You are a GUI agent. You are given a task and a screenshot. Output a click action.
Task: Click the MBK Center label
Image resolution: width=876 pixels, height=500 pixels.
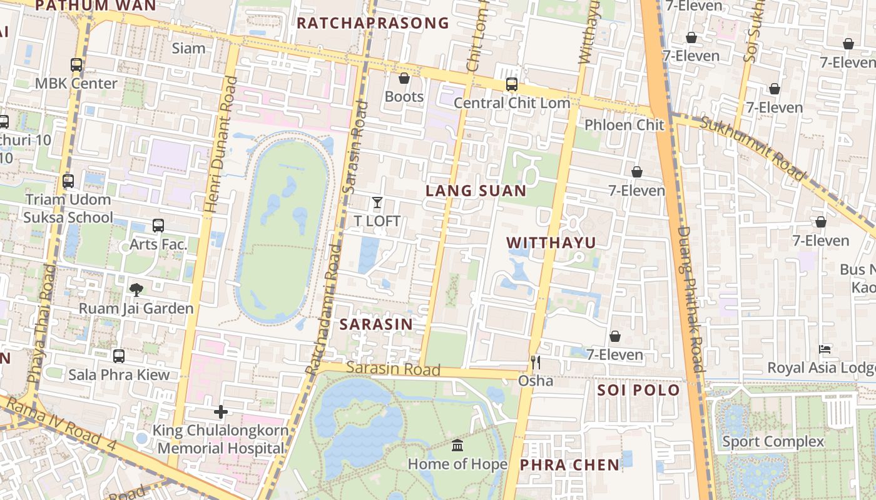pyautogui.click(x=76, y=83)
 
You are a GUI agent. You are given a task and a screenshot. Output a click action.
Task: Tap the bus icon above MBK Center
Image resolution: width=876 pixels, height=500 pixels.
pyautogui.click(x=76, y=64)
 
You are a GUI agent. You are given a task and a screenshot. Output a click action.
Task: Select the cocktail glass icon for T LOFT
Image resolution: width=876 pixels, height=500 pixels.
pyautogui.click(x=377, y=202)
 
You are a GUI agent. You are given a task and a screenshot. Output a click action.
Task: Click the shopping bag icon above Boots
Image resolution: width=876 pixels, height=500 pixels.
pyautogui.click(x=404, y=78)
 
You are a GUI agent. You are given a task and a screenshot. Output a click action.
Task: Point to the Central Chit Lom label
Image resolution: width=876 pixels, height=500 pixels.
pyautogui.click(x=512, y=103)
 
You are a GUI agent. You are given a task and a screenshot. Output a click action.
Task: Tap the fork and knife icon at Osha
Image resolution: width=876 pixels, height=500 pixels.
pyautogui.click(x=535, y=362)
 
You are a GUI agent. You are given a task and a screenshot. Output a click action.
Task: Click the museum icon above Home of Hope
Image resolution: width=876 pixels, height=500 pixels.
pyautogui.click(x=457, y=446)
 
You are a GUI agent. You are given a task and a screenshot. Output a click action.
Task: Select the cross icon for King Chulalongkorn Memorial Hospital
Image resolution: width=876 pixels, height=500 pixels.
pyautogui.click(x=220, y=412)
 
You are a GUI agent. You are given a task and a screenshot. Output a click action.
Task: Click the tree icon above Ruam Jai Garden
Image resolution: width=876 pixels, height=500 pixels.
pyautogui.click(x=136, y=289)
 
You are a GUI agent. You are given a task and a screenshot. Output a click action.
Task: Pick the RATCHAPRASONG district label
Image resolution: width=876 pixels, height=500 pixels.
pyautogui.click(x=373, y=24)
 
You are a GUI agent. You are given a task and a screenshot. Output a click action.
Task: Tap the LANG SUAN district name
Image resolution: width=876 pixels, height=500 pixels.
pyautogui.click(x=476, y=191)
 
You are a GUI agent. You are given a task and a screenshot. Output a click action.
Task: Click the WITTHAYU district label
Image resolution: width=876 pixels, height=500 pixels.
pyautogui.click(x=551, y=242)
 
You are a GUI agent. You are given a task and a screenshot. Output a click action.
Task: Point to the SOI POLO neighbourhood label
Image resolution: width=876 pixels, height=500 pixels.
pyautogui.click(x=638, y=391)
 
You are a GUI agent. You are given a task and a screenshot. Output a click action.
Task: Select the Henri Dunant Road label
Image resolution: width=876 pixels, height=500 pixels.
pyautogui.click(x=220, y=144)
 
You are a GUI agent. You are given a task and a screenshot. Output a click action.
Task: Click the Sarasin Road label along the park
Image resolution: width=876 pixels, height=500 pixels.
pyautogui.click(x=393, y=369)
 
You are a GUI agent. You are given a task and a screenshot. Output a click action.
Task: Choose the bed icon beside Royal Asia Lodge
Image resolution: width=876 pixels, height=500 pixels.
pyautogui.click(x=825, y=349)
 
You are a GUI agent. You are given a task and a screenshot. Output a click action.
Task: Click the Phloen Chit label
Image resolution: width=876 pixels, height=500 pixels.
pyautogui.click(x=624, y=124)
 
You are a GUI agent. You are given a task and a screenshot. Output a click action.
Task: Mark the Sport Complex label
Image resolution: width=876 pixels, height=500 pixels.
pyautogui.click(x=773, y=441)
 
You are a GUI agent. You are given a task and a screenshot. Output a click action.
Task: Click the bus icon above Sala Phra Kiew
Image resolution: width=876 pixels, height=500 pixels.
pyautogui.click(x=119, y=356)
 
